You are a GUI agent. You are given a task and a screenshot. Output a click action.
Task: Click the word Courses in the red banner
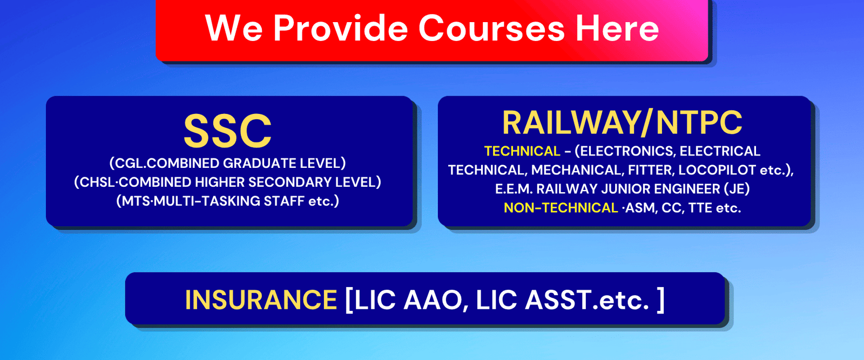tap(491, 28)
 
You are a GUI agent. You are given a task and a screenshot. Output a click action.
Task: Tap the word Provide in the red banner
tap(340, 28)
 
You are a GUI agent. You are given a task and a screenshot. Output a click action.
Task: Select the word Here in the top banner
tap(617, 28)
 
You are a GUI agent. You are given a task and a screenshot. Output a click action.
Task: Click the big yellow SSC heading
tap(227, 131)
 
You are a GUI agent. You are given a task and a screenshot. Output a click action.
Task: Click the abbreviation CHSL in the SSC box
tap(98, 182)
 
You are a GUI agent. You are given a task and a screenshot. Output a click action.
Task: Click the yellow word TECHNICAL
tap(522, 151)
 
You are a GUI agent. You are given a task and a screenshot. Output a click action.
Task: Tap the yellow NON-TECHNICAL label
tap(561, 208)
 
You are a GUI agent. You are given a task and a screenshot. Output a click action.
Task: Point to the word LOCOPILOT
tap(717, 170)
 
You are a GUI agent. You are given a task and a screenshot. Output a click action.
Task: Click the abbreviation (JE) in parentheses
tap(737, 189)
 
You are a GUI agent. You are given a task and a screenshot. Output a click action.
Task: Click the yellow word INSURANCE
tap(261, 300)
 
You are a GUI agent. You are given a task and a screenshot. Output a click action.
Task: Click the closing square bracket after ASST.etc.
tap(661, 300)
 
